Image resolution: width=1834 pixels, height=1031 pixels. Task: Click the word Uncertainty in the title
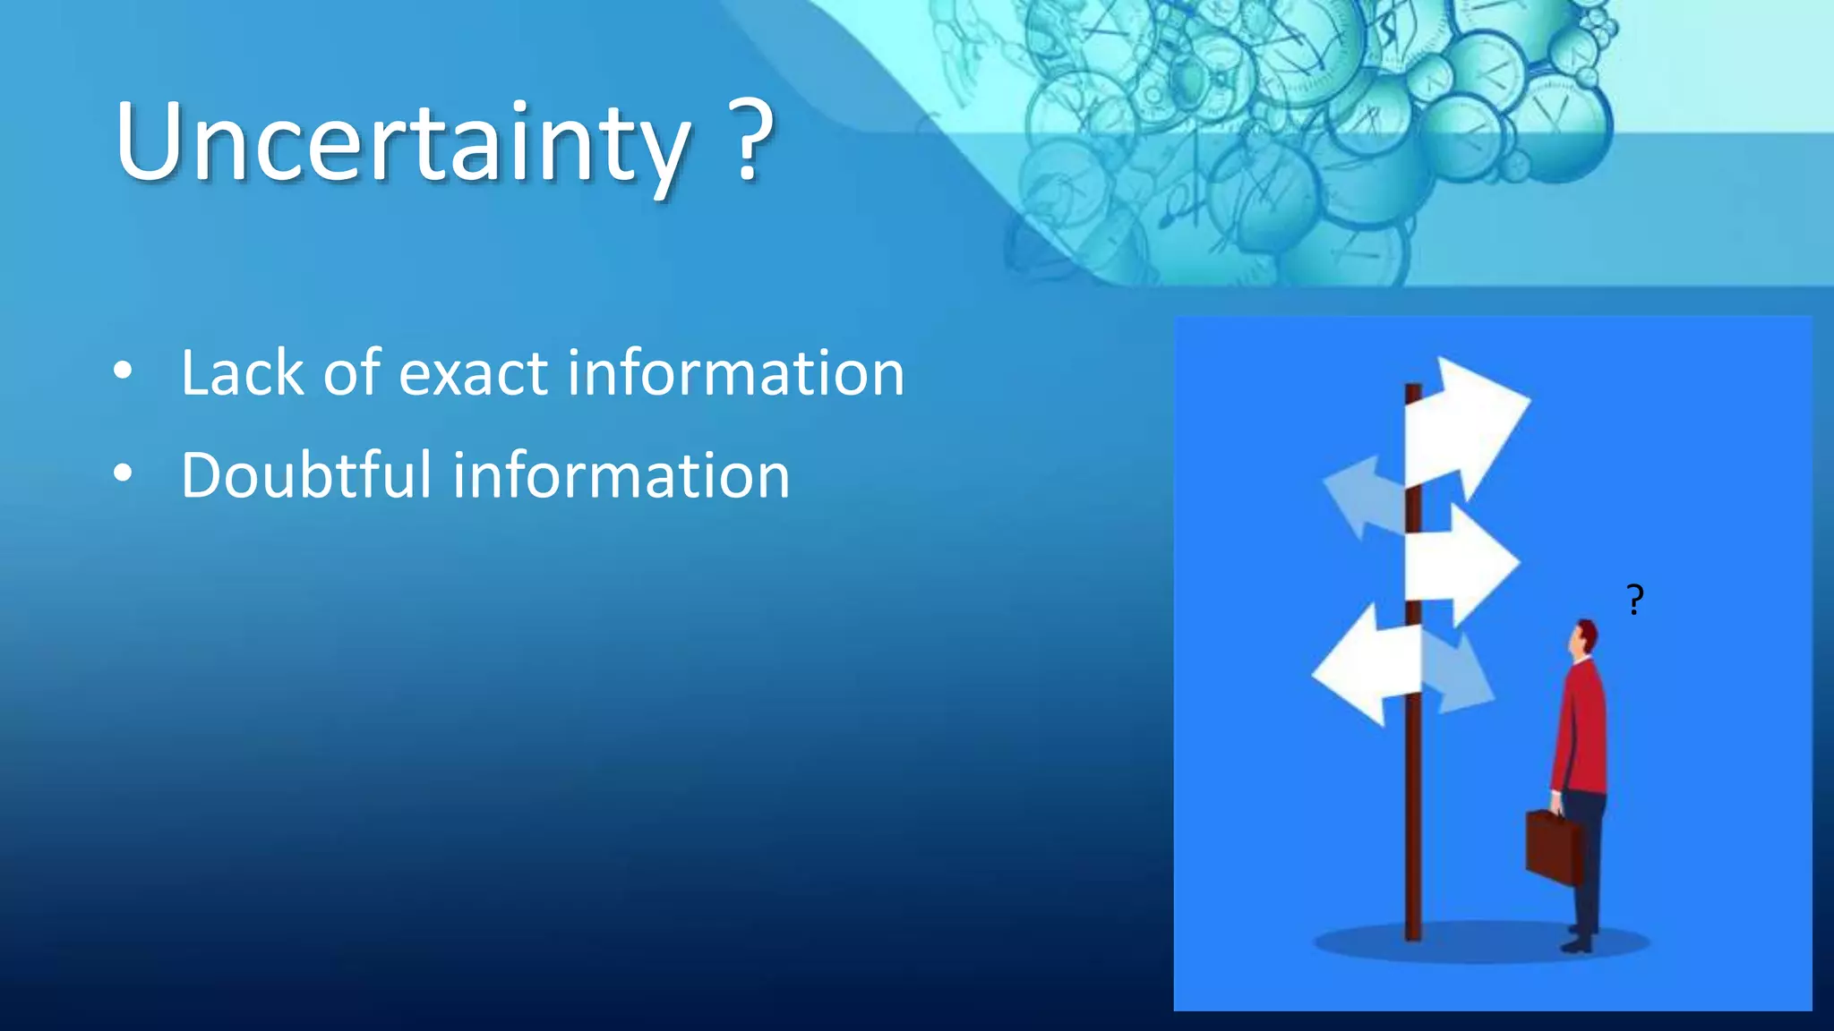403,143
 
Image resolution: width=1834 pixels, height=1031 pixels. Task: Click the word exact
473,374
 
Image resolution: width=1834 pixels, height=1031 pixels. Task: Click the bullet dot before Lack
124,371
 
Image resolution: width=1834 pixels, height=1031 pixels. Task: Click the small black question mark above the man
1635,599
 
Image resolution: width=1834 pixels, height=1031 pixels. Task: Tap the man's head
1584,638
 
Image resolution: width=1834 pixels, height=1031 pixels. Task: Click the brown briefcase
1552,846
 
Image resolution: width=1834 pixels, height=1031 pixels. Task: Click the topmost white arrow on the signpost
1466,426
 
